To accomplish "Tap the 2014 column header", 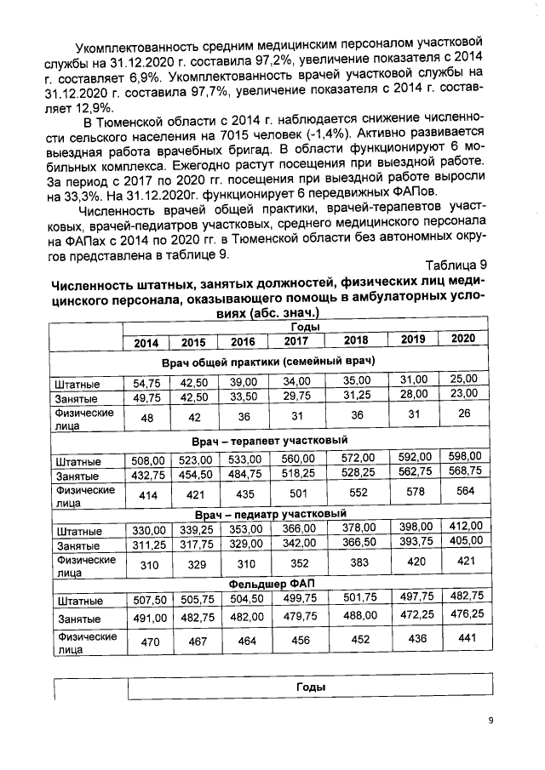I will [x=146, y=342].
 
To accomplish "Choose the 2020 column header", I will [x=462, y=339].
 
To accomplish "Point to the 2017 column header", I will [x=296, y=341].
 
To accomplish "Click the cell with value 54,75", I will [x=146, y=384].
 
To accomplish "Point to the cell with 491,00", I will [x=146, y=619].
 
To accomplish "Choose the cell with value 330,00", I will [x=146, y=529].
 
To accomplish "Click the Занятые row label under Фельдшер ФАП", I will [x=76, y=619].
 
